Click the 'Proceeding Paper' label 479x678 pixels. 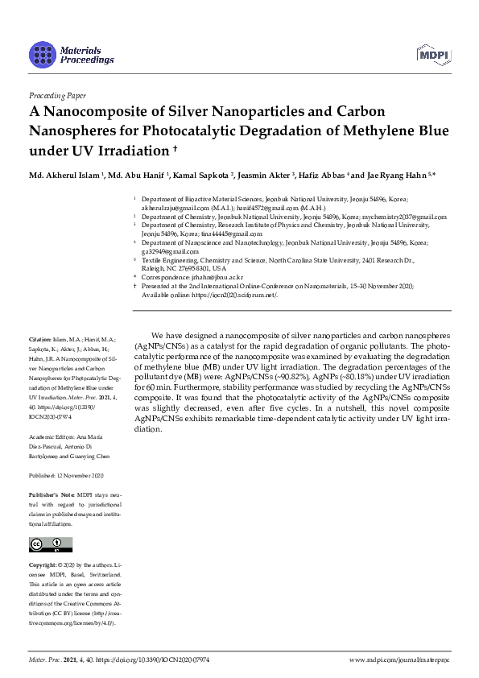(x=56, y=95)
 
